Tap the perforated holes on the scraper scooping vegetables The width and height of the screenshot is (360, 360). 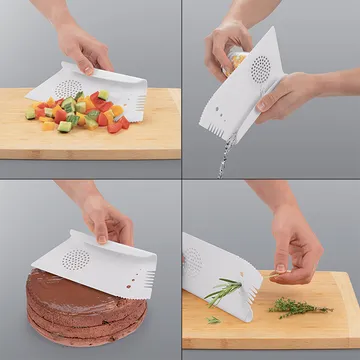tap(68, 87)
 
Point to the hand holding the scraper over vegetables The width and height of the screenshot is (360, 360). tap(84, 45)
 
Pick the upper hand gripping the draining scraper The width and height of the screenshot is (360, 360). tap(225, 40)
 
